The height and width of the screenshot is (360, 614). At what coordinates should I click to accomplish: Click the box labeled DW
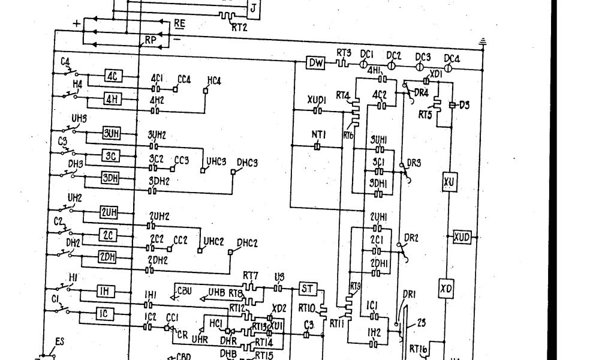click(315, 62)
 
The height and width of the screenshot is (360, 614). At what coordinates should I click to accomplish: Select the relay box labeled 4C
click(114, 76)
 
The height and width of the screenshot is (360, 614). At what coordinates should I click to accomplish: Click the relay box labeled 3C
click(111, 156)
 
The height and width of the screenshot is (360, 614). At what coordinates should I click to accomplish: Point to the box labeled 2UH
click(109, 214)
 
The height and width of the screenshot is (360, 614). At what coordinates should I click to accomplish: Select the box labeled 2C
click(109, 235)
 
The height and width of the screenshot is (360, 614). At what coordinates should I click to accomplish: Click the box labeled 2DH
click(107, 257)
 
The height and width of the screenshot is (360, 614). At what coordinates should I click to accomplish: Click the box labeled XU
click(449, 182)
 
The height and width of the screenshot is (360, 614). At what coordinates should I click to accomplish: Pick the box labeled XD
click(447, 288)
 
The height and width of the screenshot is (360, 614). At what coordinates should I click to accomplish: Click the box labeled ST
click(306, 289)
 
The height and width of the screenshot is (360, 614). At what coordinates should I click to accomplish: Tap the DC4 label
click(452, 58)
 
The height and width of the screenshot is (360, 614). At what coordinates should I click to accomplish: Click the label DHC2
click(247, 243)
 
